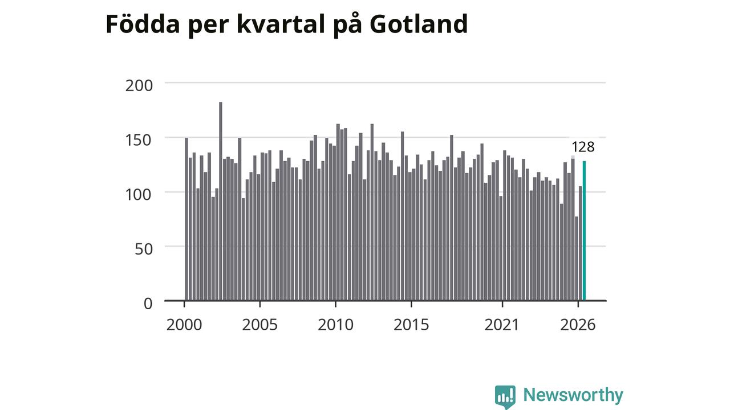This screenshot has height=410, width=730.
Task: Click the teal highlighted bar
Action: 584,231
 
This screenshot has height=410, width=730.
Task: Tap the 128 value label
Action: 583,147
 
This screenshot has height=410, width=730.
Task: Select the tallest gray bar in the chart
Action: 221,201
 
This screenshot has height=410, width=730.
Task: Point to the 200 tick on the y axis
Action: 139,85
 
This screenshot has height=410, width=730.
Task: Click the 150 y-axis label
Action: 139,140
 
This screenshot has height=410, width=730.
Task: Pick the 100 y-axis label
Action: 139,195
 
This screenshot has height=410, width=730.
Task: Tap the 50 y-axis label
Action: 143,249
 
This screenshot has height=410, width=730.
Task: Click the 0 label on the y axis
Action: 148,304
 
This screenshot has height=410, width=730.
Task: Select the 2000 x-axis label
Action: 184,325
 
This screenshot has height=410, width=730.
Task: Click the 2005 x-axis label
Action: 259,325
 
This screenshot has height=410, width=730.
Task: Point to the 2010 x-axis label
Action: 336,325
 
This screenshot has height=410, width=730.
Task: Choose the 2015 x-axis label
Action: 411,325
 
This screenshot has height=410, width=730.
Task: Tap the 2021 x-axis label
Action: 501,325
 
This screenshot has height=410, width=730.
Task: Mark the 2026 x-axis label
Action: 578,325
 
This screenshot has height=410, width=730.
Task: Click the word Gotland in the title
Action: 419,24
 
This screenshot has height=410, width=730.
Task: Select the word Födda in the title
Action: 143,23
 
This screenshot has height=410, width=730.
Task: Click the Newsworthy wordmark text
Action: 573,395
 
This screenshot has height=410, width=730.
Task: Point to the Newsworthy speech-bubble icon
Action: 505,396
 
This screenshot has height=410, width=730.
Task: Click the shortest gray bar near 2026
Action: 577,259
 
